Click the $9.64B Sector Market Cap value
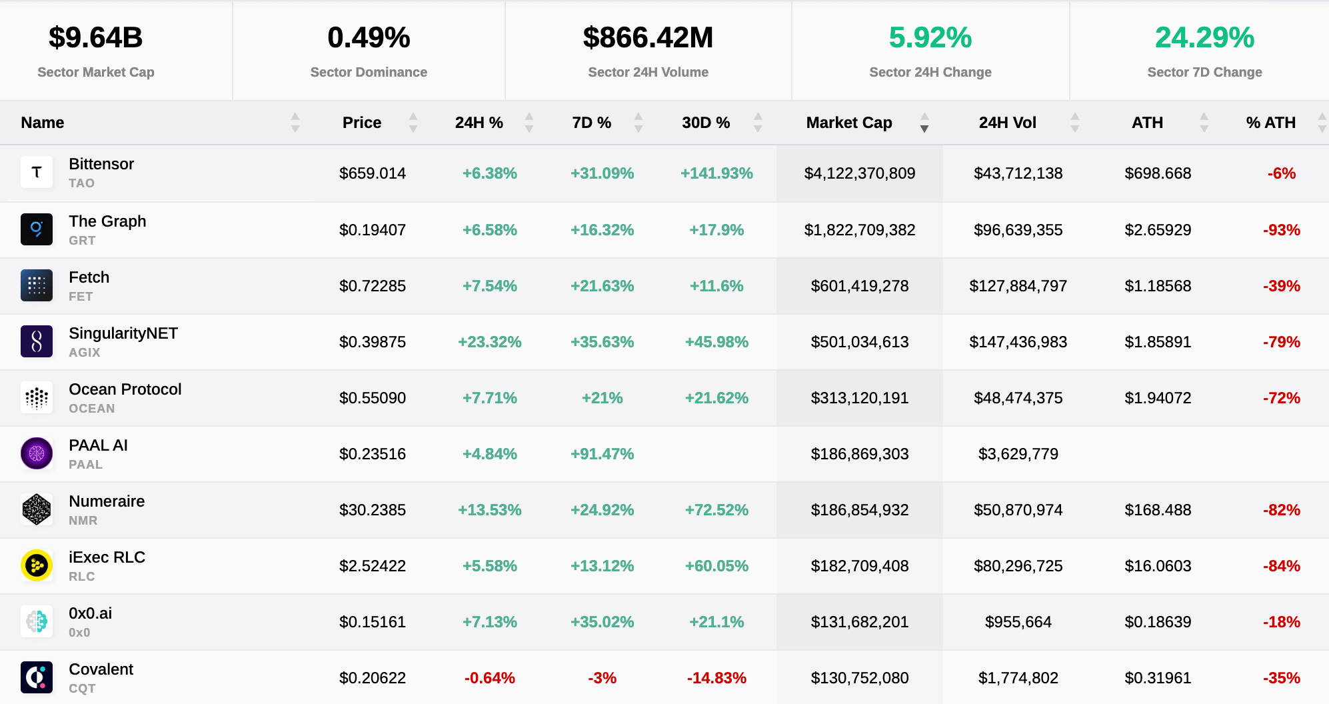[x=95, y=38]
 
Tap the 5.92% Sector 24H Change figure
[x=930, y=38]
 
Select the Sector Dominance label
[x=369, y=72]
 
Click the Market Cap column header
[x=848, y=123]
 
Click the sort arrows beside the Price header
[x=413, y=123]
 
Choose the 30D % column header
[x=705, y=123]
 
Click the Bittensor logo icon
[x=37, y=173]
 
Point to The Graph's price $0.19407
[x=372, y=230]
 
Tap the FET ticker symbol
[x=81, y=297]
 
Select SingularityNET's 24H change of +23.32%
[x=489, y=342]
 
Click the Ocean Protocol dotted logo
[x=37, y=397]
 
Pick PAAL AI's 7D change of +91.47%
[x=602, y=454]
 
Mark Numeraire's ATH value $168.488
[x=1158, y=510]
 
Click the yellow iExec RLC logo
[x=37, y=565]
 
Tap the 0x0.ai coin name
[x=90, y=613]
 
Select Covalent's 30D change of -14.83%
[x=716, y=678]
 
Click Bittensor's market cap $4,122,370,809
[x=859, y=173]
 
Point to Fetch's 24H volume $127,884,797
[x=1018, y=286]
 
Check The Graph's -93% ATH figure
[x=1281, y=230]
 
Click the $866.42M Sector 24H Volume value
[x=648, y=38]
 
